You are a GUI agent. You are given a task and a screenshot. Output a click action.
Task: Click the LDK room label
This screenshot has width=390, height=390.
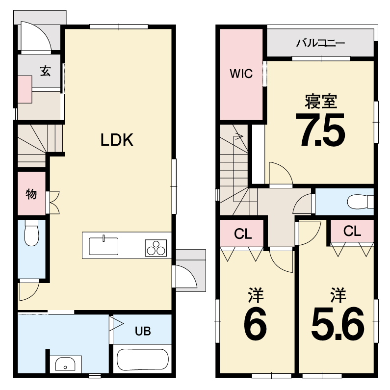pyautogui.click(x=117, y=140)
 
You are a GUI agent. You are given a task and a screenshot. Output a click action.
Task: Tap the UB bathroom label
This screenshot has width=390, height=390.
pyautogui.click(x=143, y=331)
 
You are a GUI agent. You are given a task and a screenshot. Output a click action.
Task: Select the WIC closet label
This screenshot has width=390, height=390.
pyautogui.click(x=241, y=74)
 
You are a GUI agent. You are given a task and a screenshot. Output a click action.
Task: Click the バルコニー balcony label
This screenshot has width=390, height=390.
pyautogui.click(x=320, y=43)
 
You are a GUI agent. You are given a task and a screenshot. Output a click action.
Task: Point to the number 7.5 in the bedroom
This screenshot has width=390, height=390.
pyautogui.click(x=320, y=130)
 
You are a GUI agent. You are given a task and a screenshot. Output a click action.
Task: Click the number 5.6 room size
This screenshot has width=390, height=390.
pyautogui.click(x=338, y=324)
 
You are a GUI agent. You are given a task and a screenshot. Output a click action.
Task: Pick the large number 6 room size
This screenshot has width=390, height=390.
pyautogui.click(x=255, y=324)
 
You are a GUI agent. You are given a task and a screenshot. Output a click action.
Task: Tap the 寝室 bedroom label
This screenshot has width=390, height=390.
pyautogui.click(x=321, y=101)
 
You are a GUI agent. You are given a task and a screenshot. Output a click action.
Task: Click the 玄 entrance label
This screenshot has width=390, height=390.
pyautogui.click(x=45, y=71)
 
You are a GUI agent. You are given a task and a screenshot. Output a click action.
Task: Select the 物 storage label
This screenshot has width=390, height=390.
pyautogui.click(x=31, y=194)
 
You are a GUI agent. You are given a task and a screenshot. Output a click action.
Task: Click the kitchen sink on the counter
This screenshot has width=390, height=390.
pyautogui.click(x=104, y=246)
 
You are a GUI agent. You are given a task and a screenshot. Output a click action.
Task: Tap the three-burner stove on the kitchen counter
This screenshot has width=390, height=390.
pyautogui.click(x=156, y=248)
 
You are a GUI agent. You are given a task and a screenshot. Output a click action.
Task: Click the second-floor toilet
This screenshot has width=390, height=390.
pyautogui.click(x=360, y=202)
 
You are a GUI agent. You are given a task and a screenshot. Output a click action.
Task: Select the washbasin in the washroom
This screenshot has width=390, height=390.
pyautogui.click(x=65, y=364)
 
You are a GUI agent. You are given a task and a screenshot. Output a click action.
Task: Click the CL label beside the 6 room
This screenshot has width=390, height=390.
pyautogui.click(x=243, y=234)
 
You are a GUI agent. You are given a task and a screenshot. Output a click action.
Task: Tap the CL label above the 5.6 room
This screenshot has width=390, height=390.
pyautogui.click(x=352, y=232)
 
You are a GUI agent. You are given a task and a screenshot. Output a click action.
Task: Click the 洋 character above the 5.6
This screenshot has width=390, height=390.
pyautogui.click(x=338, y=295)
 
